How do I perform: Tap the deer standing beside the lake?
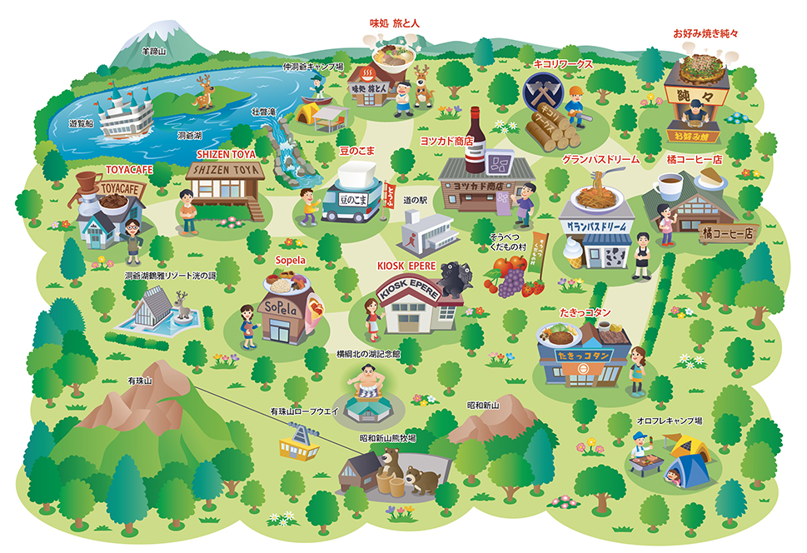pyautogui.click(x=203, y=92)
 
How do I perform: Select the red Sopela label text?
pyautogui.click(x=290, y=260)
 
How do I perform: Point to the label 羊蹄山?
pyautogui.click(x=154, y=51)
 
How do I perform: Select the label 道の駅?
pyautogui.click(x=415, y=201)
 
